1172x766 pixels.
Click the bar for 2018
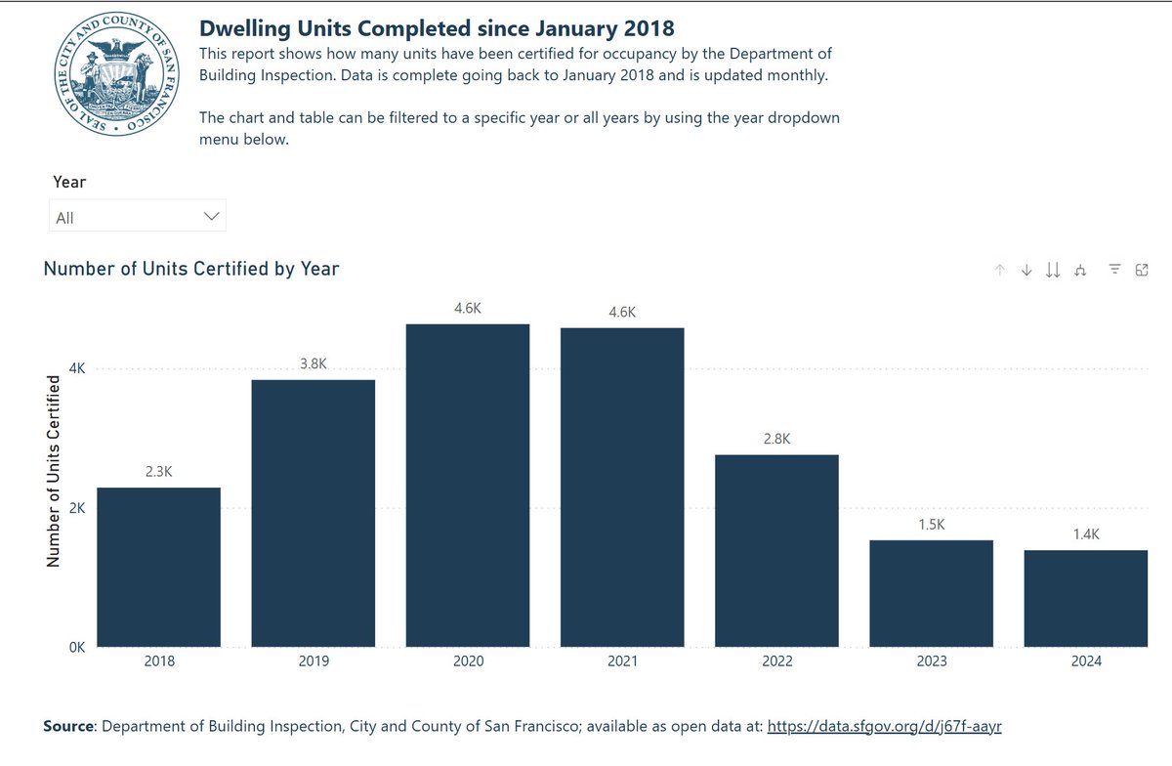pyautogui.click(x=158, y=567)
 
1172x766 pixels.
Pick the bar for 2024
pyautogui.click(x=1085, y=598)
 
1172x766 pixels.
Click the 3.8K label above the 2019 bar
pyautogui.click(x=314, y=363)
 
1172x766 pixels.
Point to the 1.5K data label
pyautogui.click(x=931, y=525)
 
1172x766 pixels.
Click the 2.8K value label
pyautogui.click(x=776, y=440)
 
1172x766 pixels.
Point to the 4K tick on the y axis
pyautogui.click(x=76, y=369)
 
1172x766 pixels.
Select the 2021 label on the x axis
pyautogui.click(x=622, y=661)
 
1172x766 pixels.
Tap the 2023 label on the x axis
pyautogui.click(x=931, y=661)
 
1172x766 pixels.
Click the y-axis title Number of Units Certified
pyautogui.click(x=54, y=474)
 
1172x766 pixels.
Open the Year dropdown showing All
pyautogui.click(x=137, y=217)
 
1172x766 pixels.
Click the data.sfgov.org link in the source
pyautogui.click(x=885, y=726)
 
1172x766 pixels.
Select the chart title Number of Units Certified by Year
pyautogui.click(x=191, y=268)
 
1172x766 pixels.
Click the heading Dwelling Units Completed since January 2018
pyautogui.click(x=437, y=27)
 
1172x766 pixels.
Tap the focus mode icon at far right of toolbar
pyautogui.click(x=1141, y=271)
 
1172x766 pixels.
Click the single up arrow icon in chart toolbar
pyautogui.click(x=999, y=271)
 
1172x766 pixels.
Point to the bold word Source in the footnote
pyautogui.click(x=68, y=726)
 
